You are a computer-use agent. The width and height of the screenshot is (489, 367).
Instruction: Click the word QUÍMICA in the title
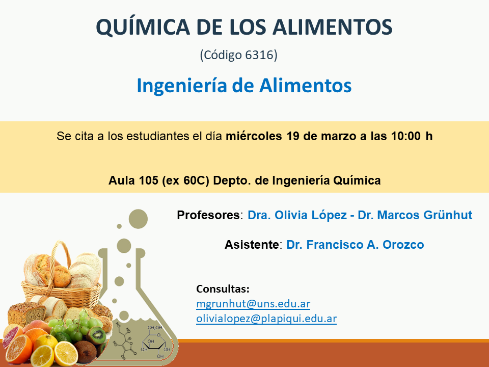[x=143, y=28]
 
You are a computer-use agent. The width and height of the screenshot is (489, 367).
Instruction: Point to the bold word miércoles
[x=254, y=137]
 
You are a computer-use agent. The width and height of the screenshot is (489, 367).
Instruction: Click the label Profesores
[x=208, y=215]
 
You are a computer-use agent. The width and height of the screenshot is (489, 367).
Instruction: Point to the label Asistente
[x=252, y=245]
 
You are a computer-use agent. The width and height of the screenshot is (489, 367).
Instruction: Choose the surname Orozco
[x=403, y=245]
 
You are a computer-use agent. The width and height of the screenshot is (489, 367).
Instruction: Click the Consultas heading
[x=223, y=289]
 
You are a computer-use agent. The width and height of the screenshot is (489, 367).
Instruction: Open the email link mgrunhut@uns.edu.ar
[x=253, y=304]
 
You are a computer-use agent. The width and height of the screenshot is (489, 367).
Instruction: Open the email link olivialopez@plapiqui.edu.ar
[x=266, y=319]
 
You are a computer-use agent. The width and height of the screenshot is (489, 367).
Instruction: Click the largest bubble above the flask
[x=138, y=219]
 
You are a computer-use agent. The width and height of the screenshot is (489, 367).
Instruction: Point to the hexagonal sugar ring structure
[x=155, y=343]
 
